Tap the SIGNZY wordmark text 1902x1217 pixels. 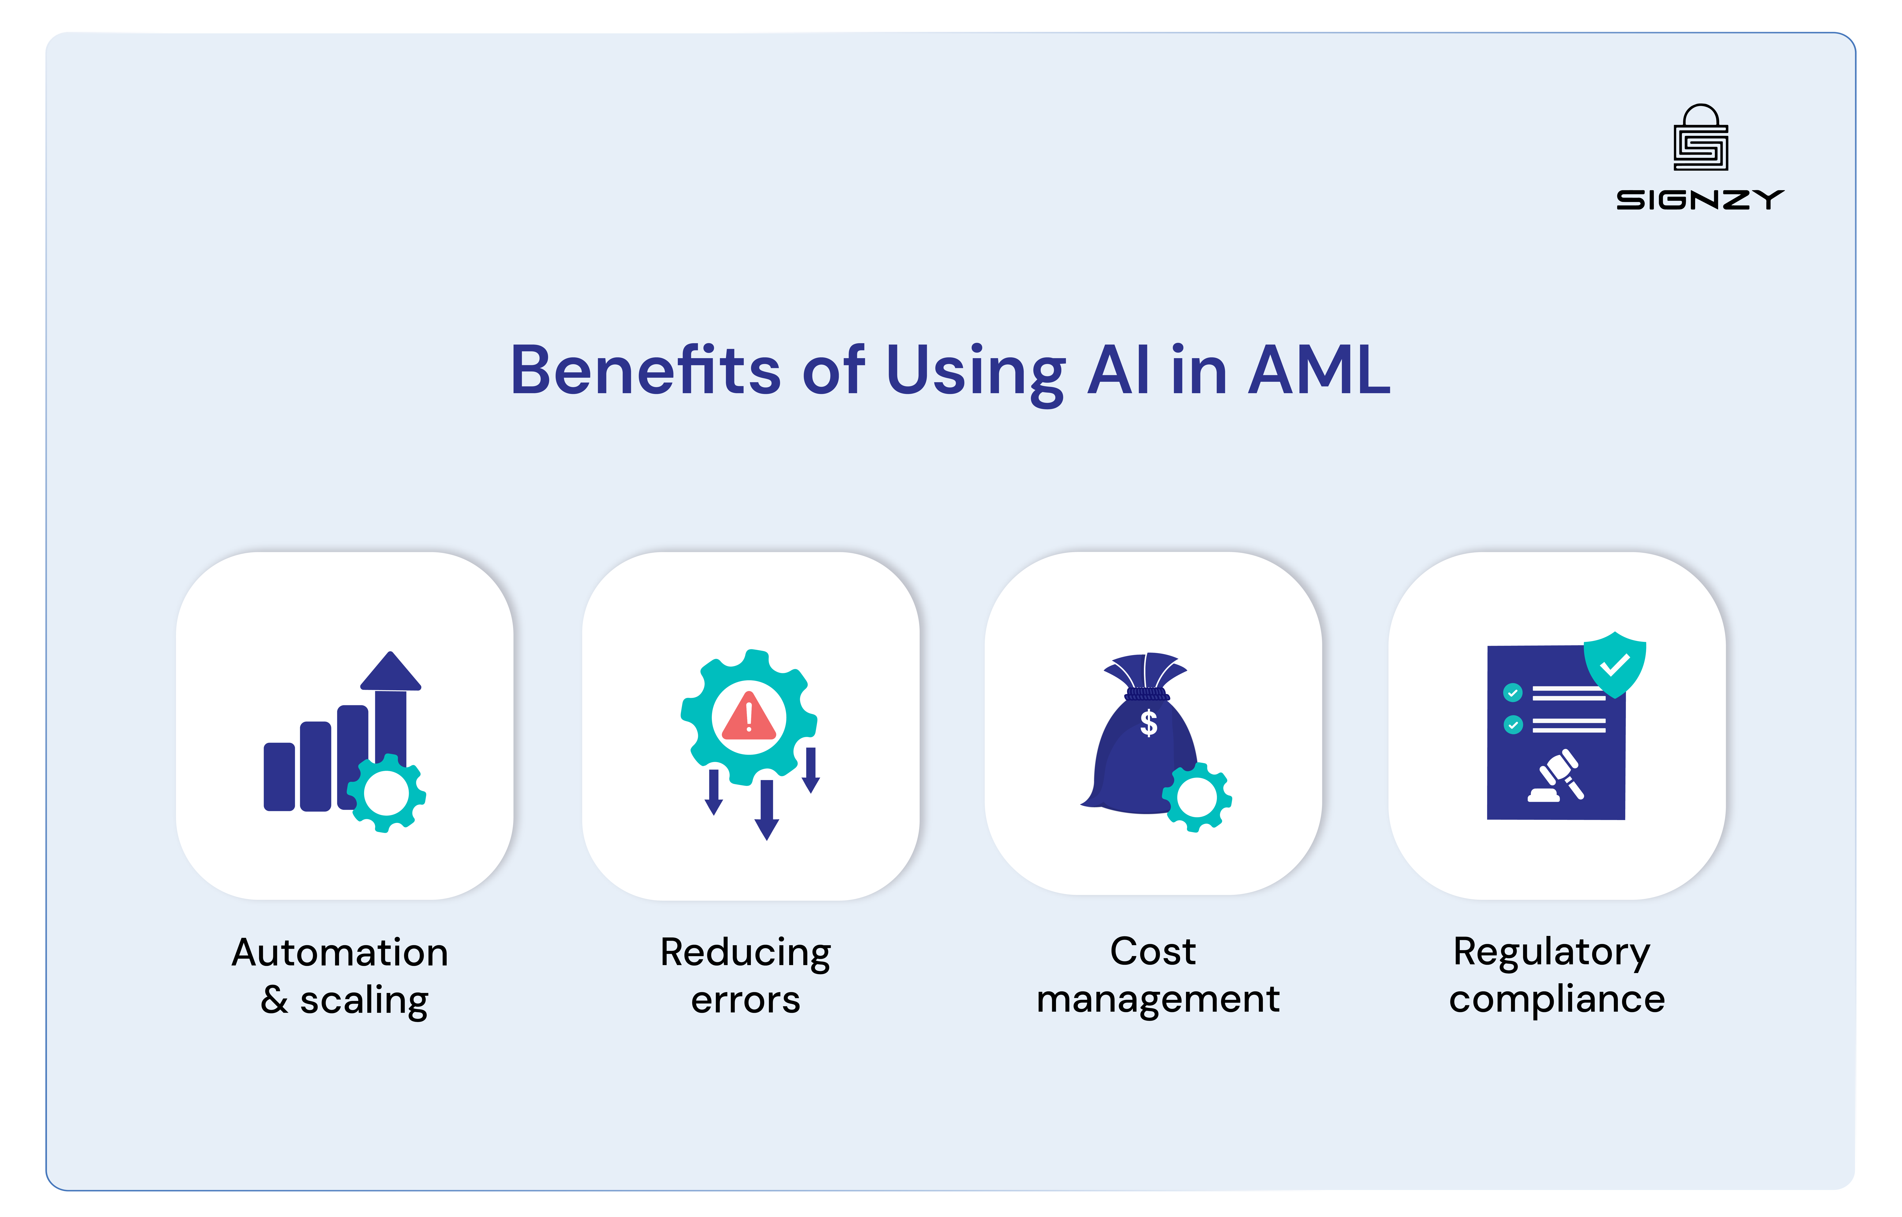click(x=1700, y=200)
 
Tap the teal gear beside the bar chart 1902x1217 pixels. click(x=387, y=793)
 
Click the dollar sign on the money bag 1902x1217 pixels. click(x=1149, y=722)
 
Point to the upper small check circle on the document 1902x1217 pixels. click(x=1512, y=693)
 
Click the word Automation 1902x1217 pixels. click(x=340, y=952)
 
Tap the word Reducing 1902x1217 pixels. click(x=746, y=952)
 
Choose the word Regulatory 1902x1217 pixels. click(x=1551, y=952)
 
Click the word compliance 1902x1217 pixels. click(x=1557, y=1000)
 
